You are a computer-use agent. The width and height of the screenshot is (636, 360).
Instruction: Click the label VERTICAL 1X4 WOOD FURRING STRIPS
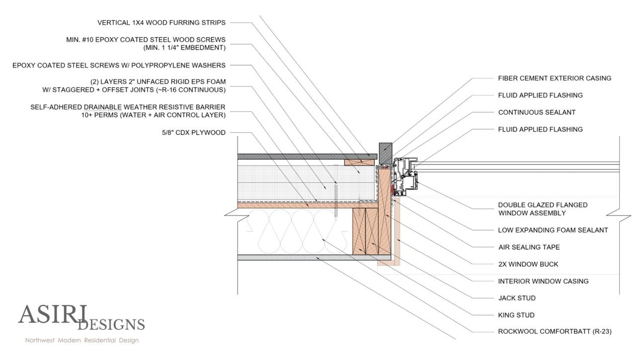(x=161, y=22)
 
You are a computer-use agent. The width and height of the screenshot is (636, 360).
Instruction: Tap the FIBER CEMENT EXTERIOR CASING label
(x=555, y=78)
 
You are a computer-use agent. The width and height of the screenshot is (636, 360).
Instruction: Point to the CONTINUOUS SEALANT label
(x=537, y=112)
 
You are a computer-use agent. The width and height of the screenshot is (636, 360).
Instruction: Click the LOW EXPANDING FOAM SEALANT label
(x=553, y=230)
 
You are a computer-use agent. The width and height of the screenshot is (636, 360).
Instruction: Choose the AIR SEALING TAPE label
(x=529, y=247)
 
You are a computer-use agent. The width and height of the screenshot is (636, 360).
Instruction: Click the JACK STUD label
(x=517, y=298)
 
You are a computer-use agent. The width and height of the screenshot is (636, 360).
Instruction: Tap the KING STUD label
(x=516, y=315)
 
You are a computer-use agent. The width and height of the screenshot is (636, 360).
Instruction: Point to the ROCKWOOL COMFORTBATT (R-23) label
(x=555, y=331)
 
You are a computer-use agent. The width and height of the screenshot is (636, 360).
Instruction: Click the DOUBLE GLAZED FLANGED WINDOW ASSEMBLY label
(x=536, y=209)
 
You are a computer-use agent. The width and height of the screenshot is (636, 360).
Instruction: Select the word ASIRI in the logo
(x=53, y=314)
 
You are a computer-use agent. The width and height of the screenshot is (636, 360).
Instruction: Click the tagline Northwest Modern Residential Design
(x=82, y=341)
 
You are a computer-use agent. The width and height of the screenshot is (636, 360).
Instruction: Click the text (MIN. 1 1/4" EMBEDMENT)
(x=181, y=48)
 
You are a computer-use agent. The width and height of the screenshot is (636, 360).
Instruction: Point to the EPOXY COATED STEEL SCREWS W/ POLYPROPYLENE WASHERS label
(x=119, y=65)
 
